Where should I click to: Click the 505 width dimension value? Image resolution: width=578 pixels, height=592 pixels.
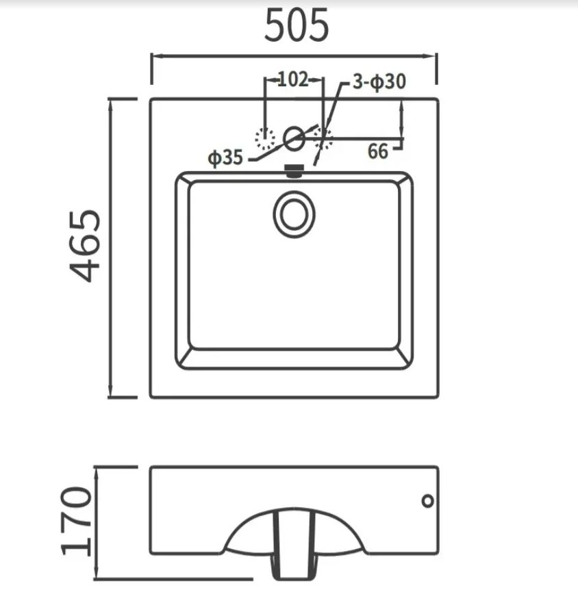(297, 25)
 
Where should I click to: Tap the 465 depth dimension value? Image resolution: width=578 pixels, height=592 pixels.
(85, 246)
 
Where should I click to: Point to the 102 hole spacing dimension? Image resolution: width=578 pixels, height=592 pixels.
(293, 79)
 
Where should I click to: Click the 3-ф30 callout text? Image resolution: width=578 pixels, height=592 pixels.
(379, 81)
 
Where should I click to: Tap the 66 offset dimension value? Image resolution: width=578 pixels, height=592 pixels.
(378, 151)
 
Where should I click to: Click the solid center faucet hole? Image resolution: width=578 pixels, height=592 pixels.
(294, 138)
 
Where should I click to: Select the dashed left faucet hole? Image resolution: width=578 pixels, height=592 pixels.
(265, 138)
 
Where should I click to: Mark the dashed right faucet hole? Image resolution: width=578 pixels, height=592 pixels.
(323, 138)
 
